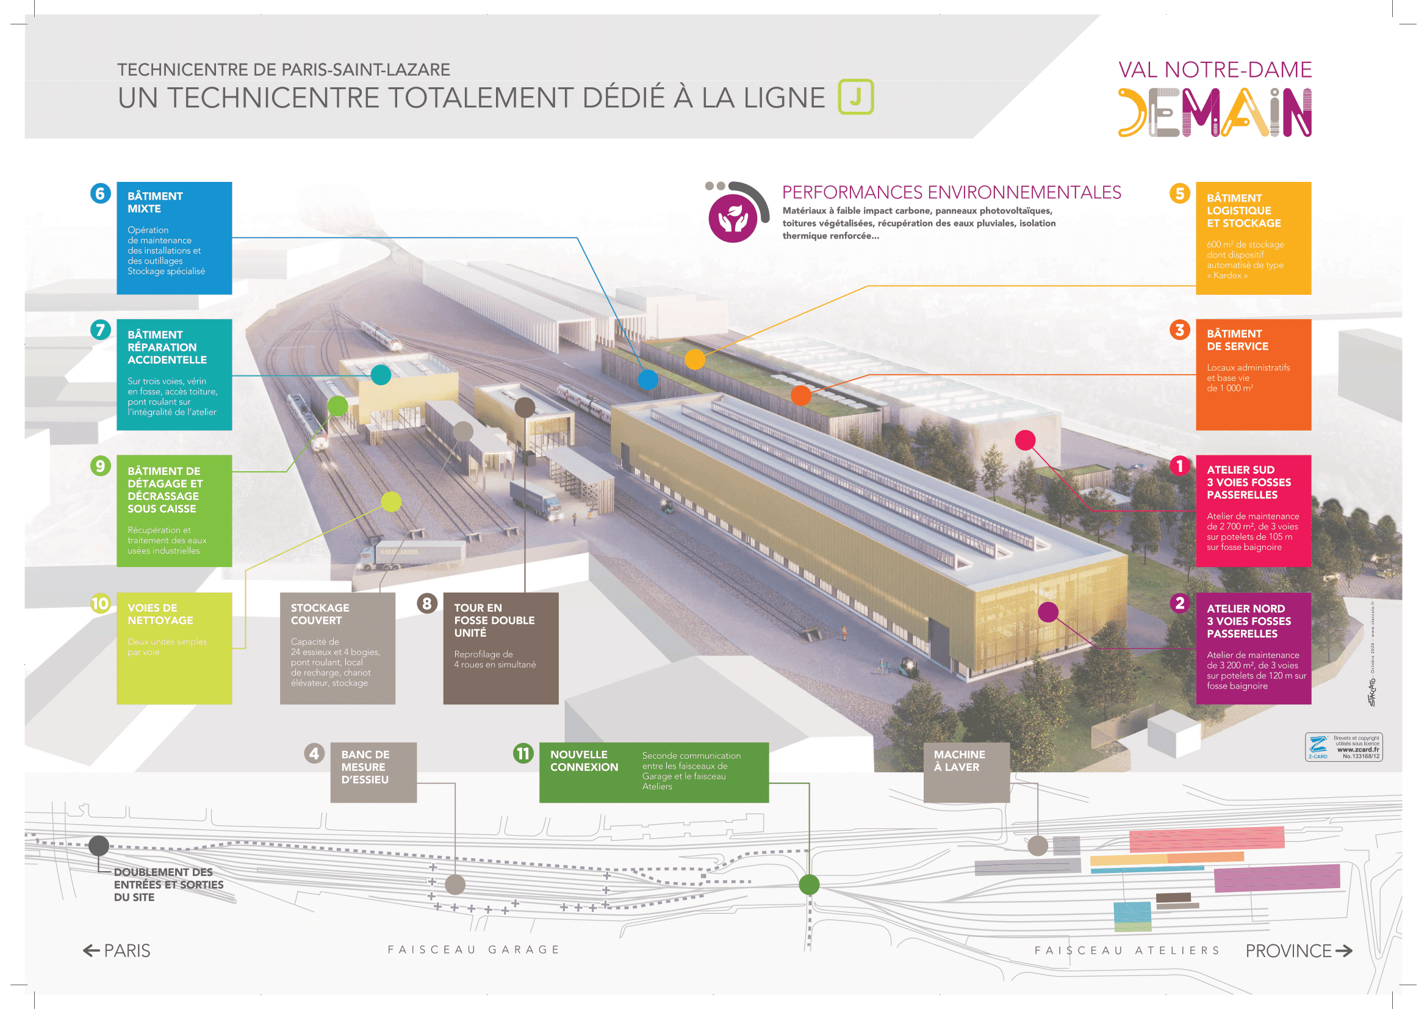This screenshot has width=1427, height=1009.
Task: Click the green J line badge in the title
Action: click(x=855, y=97)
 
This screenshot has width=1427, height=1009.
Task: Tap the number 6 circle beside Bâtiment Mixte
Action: click(x=100, y=193)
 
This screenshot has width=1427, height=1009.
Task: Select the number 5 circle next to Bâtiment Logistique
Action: click(x=1179, y=193)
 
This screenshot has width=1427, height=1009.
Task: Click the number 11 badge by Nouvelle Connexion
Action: click(x=523, y=753)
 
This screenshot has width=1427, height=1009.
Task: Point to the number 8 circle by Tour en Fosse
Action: click(x=427, y=603)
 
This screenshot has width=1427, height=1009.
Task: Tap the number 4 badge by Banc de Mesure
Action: click(x=314, y=753)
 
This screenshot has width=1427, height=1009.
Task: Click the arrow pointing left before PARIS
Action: click(x=92, y=950)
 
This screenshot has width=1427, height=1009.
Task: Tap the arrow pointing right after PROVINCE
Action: click(x=1343, y=950)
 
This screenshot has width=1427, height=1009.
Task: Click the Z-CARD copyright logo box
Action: click(x=1343, y=747)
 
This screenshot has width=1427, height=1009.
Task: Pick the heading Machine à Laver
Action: click(x=959, y=761)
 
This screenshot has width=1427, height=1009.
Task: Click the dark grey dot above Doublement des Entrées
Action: click(x=99, y=845)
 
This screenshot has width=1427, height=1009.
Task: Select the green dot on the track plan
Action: click(x=808, y=884)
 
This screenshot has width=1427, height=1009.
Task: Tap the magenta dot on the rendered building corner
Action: click(x=1048, y=612)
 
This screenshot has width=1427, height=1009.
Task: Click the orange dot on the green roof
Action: click(x=800, y=396)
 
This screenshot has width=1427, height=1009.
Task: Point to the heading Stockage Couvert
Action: click(x=320, y=613)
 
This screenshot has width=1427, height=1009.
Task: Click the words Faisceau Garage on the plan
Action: click(x=473, y=949)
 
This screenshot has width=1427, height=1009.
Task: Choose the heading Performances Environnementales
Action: click(x=951, y=192)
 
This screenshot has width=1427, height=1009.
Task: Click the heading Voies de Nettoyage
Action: click(x=160, y=613)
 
